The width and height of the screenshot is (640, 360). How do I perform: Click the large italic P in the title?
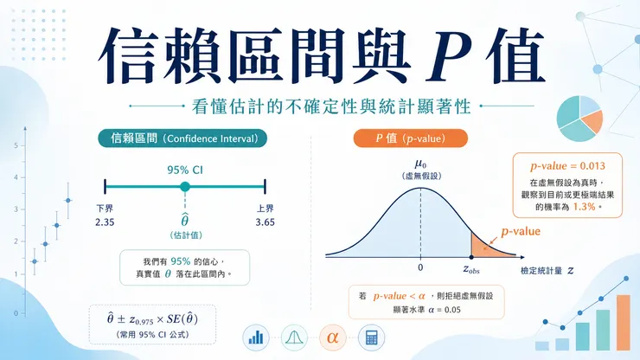coord(449,56)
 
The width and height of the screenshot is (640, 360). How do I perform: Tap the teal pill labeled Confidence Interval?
coord(182,138)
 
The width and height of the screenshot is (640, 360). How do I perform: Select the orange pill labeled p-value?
coord(410,138)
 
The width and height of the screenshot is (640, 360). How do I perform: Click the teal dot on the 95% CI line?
coord(185,187)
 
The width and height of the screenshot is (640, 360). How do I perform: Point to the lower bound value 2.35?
coord(105,222)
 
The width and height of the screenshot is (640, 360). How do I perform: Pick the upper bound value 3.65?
coord(266,222)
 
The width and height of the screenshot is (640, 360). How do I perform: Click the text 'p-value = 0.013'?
coord(567,166)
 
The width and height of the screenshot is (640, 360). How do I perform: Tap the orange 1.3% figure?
coord(584,207)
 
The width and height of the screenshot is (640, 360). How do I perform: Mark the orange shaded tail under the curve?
coord(486,247)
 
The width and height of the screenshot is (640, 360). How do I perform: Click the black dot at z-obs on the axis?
coord(471,257)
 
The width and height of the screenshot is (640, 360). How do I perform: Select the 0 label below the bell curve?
coord(420,267)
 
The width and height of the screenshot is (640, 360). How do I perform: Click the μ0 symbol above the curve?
coord(421,164)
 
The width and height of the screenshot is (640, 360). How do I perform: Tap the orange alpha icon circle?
coord(333,337)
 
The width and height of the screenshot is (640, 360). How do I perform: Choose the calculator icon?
coord(371,337)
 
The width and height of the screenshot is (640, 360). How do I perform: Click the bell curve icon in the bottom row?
coord(294,337)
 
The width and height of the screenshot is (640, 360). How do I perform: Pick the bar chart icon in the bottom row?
coord(256,337)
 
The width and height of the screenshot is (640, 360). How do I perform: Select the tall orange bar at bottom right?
coord(624,323)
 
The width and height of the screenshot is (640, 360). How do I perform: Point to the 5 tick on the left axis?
coord(16,145)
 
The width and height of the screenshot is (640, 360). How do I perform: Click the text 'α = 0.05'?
coord(445,310)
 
